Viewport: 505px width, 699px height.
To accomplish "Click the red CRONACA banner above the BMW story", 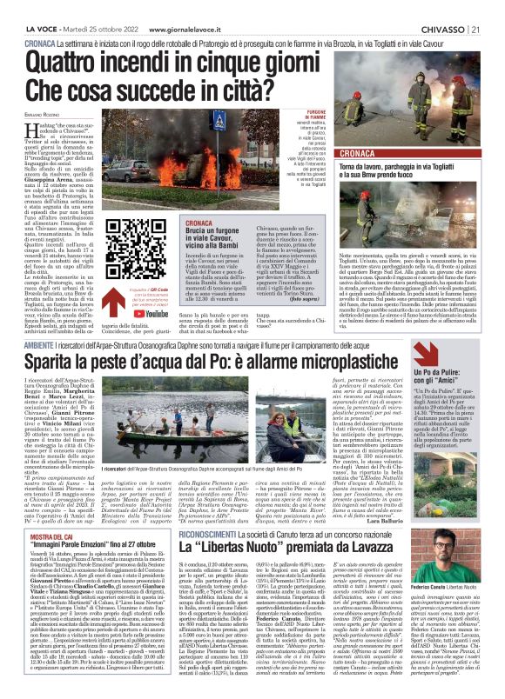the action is point(357,151).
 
